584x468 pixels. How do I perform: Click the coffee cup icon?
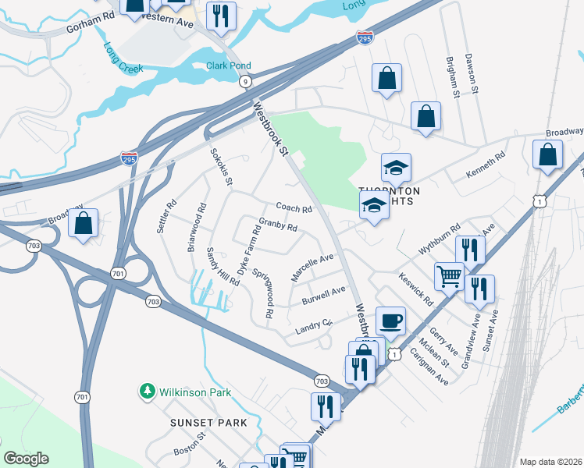click(390, 321)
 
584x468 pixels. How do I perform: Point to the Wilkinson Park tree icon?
click(146, 391)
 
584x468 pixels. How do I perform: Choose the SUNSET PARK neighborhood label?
click(208, 423)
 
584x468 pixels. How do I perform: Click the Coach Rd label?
click(294, 208)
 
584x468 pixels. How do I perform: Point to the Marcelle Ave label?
click(312, 268)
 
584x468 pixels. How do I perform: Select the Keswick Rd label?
click(415, 289)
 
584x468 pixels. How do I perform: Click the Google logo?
click(27, 459)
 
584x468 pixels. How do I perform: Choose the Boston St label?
click(188, 452)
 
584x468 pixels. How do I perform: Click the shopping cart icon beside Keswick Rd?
click(449, 275)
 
